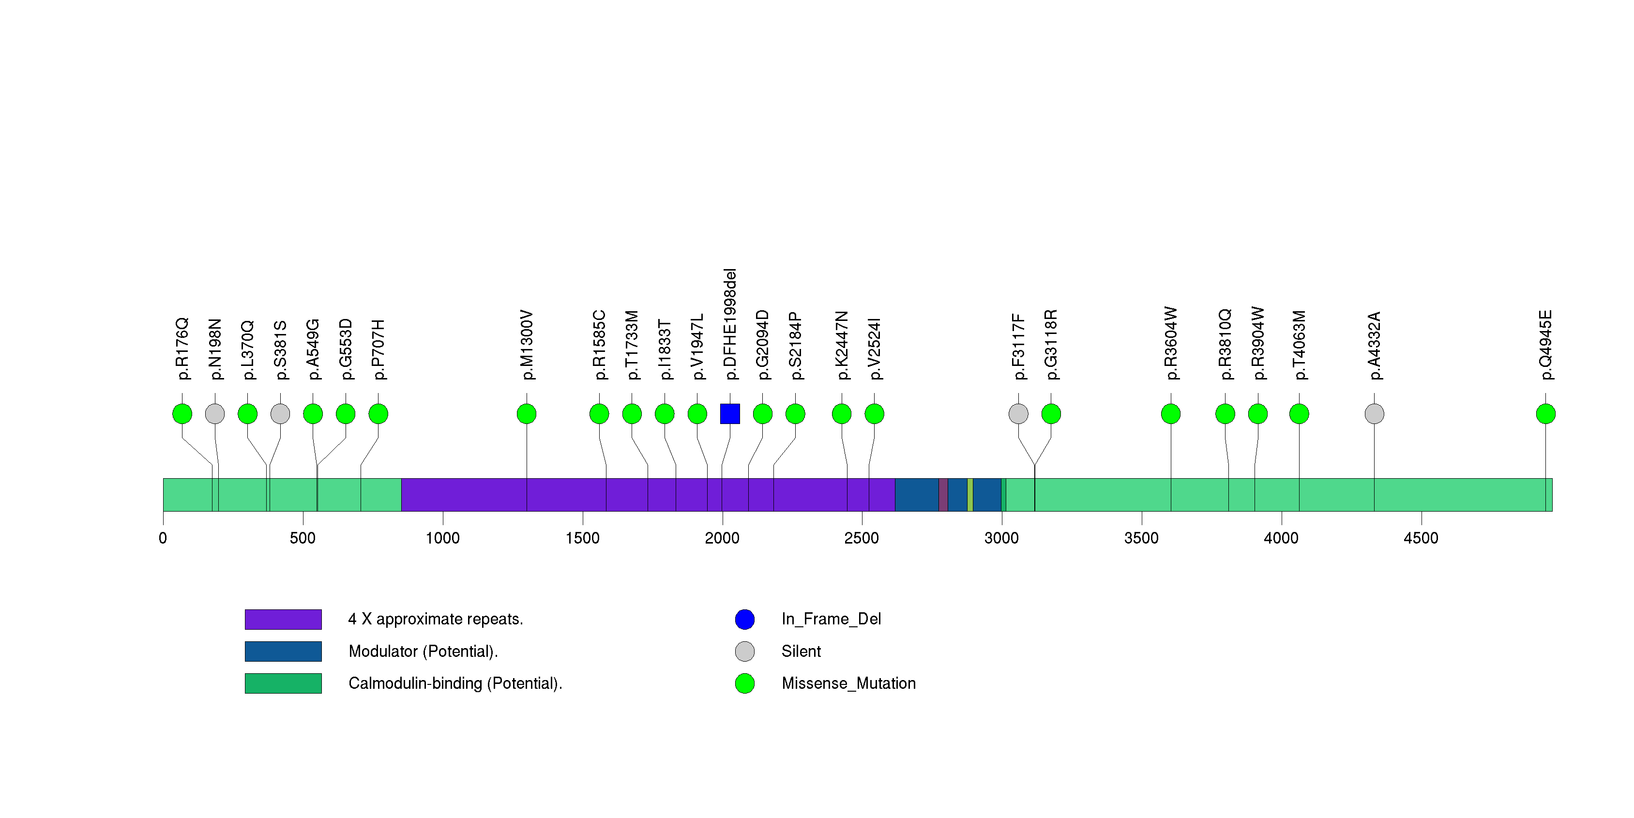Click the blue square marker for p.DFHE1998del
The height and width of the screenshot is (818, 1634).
click(729, 414)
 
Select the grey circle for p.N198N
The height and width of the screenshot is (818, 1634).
click(215, 414)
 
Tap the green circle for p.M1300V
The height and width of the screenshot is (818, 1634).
click(527, 414)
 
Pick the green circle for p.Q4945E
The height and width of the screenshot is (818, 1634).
click(1545, 414)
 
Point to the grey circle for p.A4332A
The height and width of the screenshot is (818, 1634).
click(1374, 414)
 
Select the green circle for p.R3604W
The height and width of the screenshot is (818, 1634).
click(1170, 414)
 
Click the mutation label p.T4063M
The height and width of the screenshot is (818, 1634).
click(1299, 345)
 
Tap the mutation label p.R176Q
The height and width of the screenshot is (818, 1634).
click(182, 349)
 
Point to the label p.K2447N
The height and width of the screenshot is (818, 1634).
click(841, 346)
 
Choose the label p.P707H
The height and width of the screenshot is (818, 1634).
click(378, 349)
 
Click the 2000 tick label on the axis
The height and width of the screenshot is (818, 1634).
click(722, 538)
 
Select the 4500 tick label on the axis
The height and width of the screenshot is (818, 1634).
click(1421, 538)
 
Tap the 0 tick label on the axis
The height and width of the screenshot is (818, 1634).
click(163, 538)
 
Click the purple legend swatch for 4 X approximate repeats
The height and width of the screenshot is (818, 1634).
click(283, 619)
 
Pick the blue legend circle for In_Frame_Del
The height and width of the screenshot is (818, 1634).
click(745, 619)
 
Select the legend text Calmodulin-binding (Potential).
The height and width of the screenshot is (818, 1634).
click(455, 683)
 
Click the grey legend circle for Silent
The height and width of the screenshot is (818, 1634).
click(745, 651)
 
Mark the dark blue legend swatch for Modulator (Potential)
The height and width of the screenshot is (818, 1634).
click(283, 651)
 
